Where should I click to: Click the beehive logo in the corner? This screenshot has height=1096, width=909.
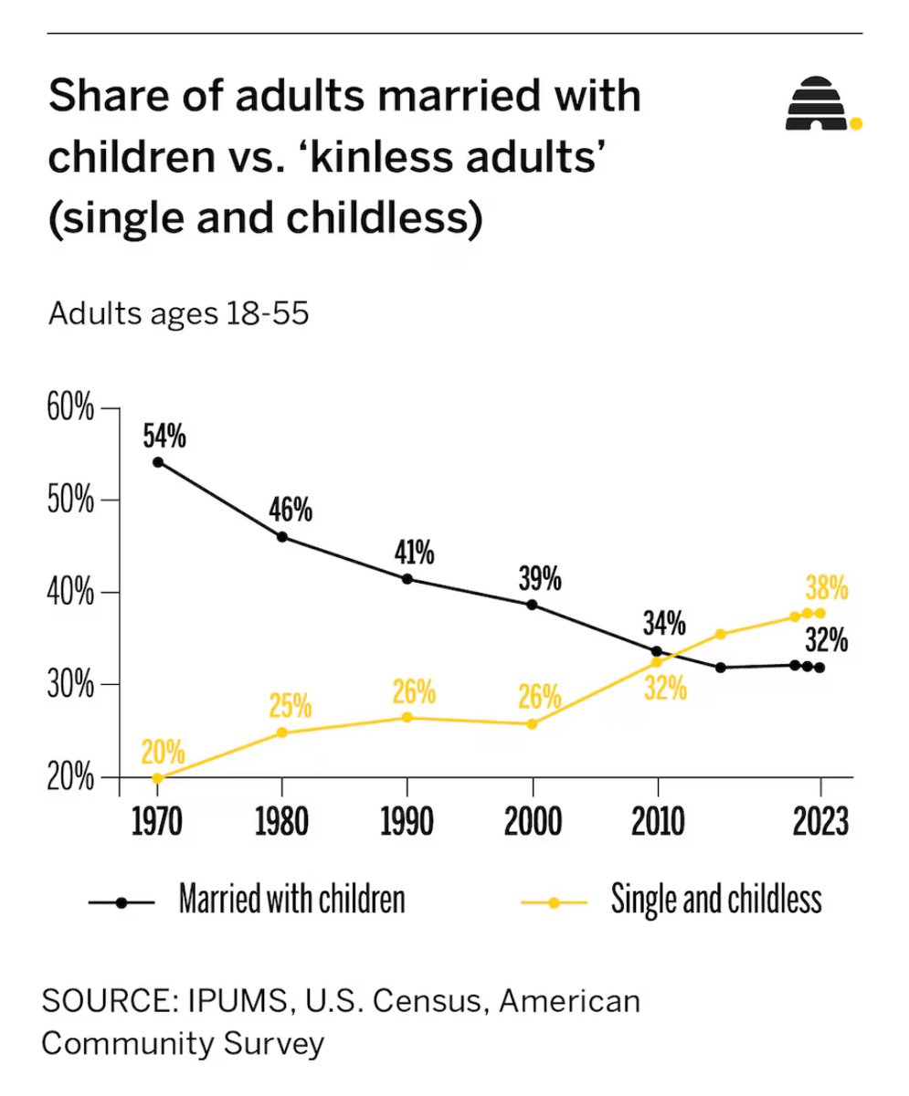[x=820, y=103]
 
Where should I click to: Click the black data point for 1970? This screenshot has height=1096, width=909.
[x=157, y=462]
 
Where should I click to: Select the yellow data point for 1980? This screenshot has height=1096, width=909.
[x=281, y=732]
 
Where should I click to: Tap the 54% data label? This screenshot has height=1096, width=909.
[x=164, y=437]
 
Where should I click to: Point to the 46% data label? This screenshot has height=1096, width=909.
[x=290, y=510]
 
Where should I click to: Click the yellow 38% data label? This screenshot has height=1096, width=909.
[x=827, y=587]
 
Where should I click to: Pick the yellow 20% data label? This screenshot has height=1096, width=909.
[x=163, y=753]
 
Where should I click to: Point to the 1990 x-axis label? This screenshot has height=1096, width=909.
[x=407, y=823]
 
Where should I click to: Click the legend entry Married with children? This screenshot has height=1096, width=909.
[x=291, y=901]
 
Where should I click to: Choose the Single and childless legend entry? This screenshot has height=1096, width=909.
[x=716, y=901]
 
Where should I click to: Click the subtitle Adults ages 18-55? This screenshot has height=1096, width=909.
[x=179, y=314]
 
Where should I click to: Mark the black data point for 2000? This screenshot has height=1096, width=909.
[x=533, y=605]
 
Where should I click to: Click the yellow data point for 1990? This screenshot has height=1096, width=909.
[x=407, y=718]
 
